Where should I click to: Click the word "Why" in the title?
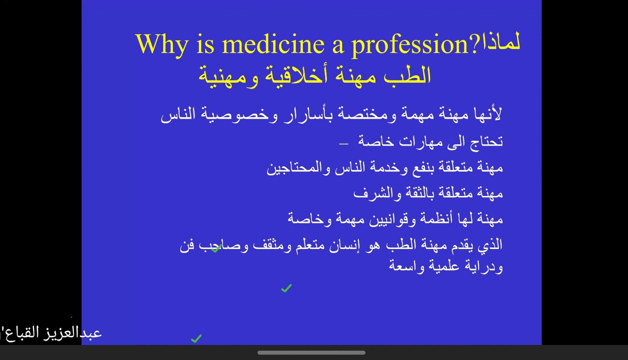(162, 44)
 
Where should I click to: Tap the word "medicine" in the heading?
(273, 44)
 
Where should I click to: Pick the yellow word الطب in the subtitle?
(408, 75)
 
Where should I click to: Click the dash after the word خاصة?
(343, 144)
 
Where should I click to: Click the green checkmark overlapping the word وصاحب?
(216, 248)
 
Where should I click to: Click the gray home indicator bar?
(311, 352)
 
